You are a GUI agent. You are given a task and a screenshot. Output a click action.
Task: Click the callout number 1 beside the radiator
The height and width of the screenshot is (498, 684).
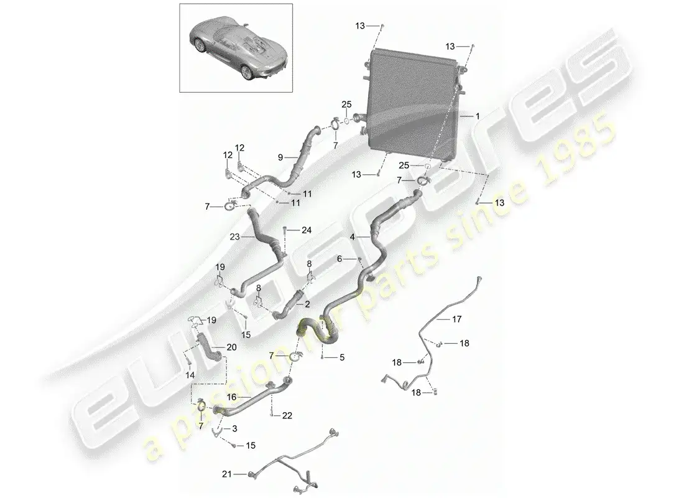478,116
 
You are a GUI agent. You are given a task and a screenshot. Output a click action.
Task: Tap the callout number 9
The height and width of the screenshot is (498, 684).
280,157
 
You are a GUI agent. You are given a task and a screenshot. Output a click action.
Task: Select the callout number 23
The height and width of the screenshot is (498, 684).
234,237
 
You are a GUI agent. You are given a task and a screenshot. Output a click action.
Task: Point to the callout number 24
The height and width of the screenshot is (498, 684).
307,230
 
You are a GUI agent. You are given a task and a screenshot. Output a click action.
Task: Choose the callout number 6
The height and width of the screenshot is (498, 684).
340,259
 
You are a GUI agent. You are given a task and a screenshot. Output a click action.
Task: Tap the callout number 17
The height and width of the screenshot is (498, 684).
456,319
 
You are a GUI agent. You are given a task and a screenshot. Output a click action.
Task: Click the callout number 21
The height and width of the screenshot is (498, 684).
227,474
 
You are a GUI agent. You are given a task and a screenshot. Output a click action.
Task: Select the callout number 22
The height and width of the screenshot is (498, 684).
287,415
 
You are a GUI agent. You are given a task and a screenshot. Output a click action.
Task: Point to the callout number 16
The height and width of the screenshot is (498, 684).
232,397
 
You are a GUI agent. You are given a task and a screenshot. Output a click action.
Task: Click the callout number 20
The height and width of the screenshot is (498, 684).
232,347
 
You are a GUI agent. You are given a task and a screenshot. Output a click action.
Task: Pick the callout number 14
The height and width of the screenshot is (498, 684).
190,375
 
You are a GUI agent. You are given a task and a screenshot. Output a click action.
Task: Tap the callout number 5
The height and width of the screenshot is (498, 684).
342,357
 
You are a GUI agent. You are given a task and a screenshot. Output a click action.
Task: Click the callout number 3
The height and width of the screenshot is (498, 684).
234,429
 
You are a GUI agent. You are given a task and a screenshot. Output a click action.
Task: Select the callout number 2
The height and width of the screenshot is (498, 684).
308,304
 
